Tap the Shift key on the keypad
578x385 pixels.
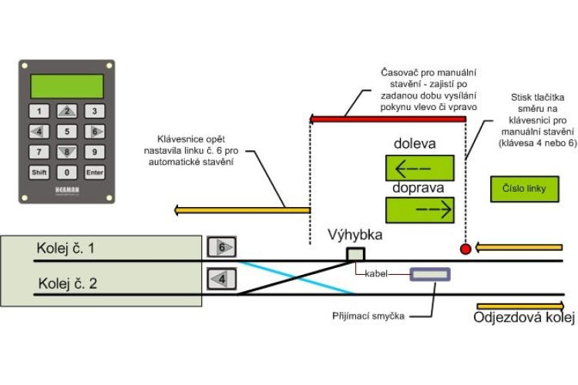[39, 172]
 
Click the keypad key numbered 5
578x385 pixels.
[67, 132]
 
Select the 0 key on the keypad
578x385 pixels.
[67, 172]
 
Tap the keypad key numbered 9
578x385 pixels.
[94, 152]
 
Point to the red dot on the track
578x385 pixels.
[465, 249]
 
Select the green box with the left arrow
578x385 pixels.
[420, 168]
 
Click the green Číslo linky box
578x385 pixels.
[523, 189]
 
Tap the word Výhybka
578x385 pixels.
[355, 234]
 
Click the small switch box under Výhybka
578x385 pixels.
[355, 254]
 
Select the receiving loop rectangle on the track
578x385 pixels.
[430, 273]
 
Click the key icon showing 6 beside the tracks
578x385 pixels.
[221, 248]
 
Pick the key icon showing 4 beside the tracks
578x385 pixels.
[221, 278]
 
